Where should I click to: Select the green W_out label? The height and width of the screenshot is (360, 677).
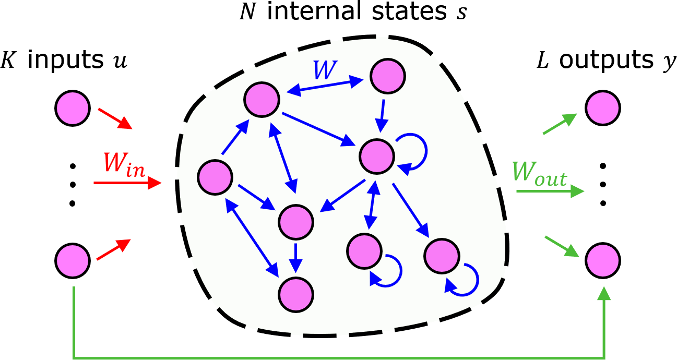click(539, 174)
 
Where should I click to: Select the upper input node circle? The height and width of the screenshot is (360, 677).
click(72, 108)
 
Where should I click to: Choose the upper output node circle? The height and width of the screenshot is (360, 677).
click(603, 108)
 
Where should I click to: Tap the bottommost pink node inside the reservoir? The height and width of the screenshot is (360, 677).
click(296, 294)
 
